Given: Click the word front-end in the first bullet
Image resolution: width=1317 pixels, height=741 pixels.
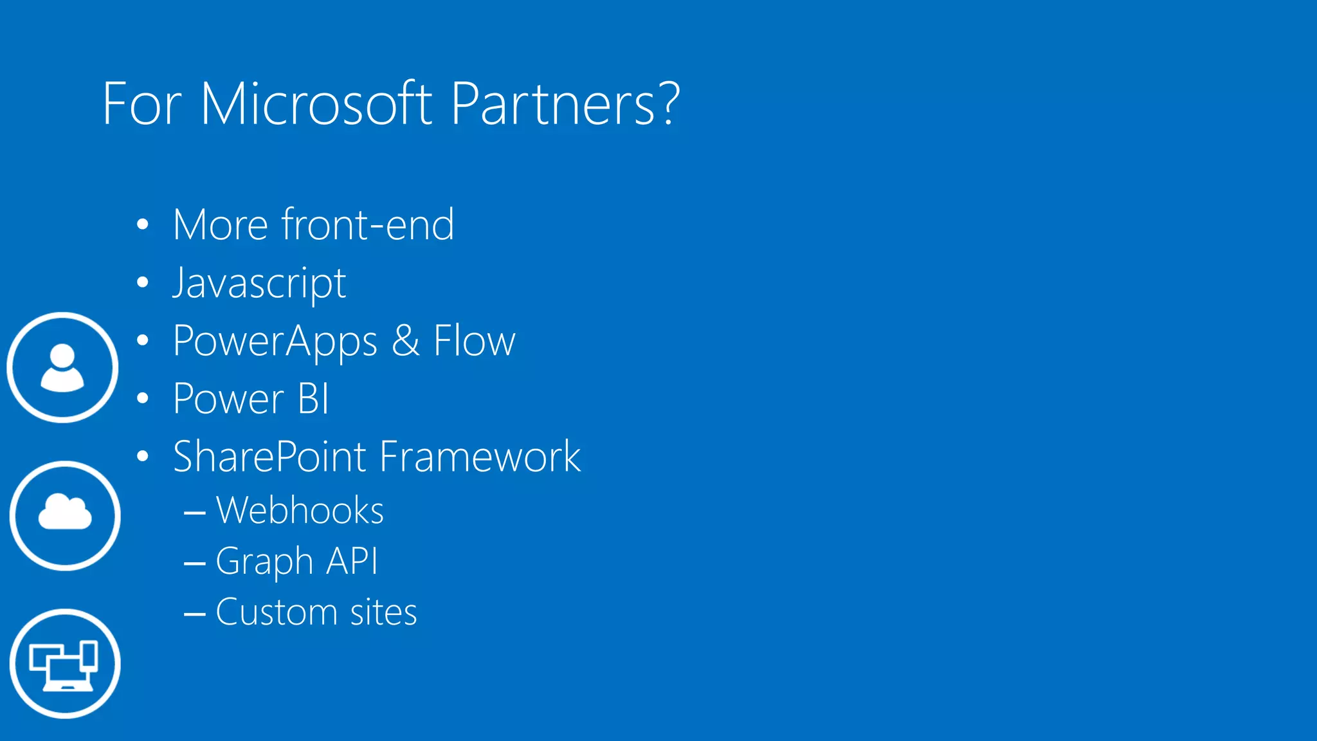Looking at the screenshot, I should click(x=368, y=225).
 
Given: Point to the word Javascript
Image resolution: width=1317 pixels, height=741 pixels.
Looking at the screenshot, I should click(x=259, y=283).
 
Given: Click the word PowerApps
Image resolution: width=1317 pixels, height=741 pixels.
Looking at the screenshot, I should click(x=275, y=341).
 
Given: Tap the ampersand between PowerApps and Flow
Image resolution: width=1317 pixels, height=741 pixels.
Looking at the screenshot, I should click(x=406, y=341).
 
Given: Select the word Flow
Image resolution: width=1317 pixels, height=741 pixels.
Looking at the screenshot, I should click(x=474, y=341).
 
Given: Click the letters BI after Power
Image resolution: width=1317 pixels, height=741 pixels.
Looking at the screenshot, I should click(x=313, y=399).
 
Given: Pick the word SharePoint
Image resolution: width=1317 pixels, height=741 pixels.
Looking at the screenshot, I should click(x=270, y=457).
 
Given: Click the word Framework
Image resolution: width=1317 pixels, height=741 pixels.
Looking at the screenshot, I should click(x=480, y=457).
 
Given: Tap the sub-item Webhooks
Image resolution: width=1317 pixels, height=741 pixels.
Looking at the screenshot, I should click(x=300, y=511).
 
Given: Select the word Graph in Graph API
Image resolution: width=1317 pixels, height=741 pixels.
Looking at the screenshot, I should click(x=264, y=562).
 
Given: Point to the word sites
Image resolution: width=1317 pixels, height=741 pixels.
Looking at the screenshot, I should click(x=383, y=612).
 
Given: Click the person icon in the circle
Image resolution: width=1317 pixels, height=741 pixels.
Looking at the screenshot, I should click(x=62, y=367).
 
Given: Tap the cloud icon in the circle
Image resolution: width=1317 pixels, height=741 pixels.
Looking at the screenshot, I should click(x=65, y=515).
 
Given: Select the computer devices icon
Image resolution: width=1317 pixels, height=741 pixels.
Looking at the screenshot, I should click(x=64, y=664).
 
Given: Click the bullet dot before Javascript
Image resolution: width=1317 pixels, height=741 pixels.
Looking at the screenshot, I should click(x=143, y=282).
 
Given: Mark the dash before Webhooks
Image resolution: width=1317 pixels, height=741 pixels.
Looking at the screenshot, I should click(x=194, y=513).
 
